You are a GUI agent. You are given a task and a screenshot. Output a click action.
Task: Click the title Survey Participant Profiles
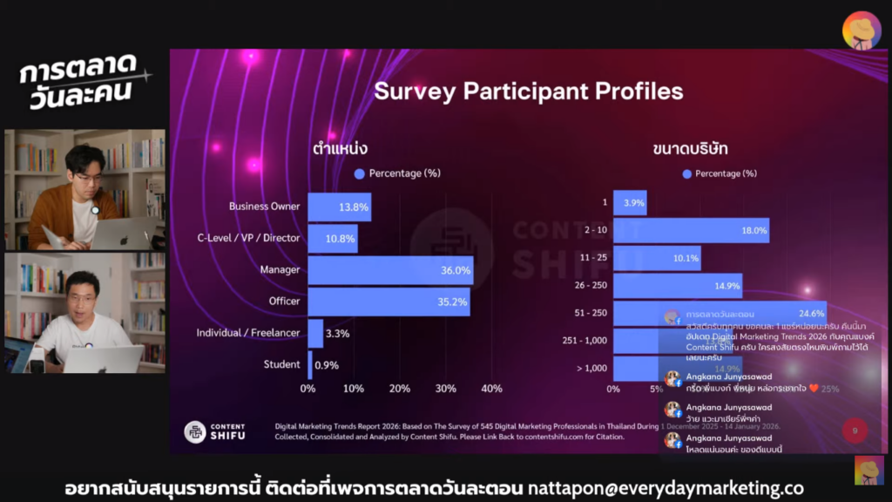(x=529, y=92)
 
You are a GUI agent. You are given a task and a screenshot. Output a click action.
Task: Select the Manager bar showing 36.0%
(x=389, y=270)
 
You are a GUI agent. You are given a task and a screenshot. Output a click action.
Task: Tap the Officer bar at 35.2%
(x=388, y=302)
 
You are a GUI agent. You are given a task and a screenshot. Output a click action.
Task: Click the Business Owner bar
(x=339, y=207)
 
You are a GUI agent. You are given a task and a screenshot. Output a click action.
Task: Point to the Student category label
(x=281, y=364)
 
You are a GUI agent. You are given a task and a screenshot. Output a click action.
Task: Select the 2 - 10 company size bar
(x=691, y=231)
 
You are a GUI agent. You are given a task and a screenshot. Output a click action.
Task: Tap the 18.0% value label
(x=753, y=231)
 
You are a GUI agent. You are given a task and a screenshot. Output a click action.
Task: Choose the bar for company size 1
(x=630, y=203)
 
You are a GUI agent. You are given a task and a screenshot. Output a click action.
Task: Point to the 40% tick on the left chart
(x=491, y=388)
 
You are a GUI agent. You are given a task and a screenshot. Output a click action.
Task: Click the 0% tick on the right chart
(x=613, y=388)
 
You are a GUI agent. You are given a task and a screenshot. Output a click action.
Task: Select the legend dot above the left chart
(x=359, y=173)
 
